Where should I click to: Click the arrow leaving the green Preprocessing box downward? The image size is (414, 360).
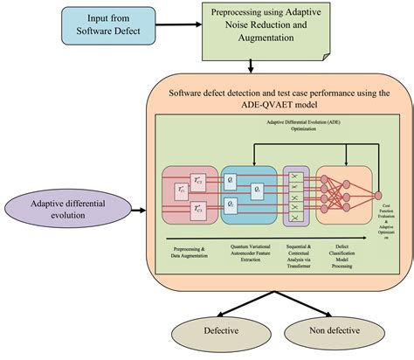pos(252,66)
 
